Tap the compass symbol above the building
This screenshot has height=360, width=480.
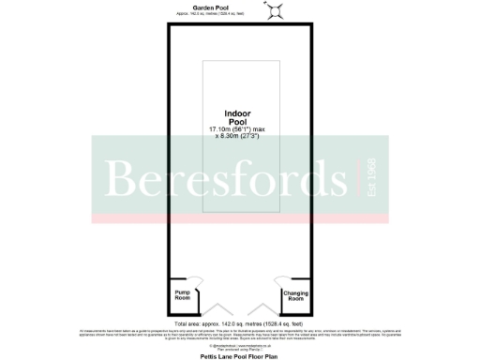click(x=276, y=9)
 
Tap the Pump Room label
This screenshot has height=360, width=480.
click(x=182, y=296)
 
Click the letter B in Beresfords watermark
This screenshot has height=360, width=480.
click(x=125, y=180)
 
